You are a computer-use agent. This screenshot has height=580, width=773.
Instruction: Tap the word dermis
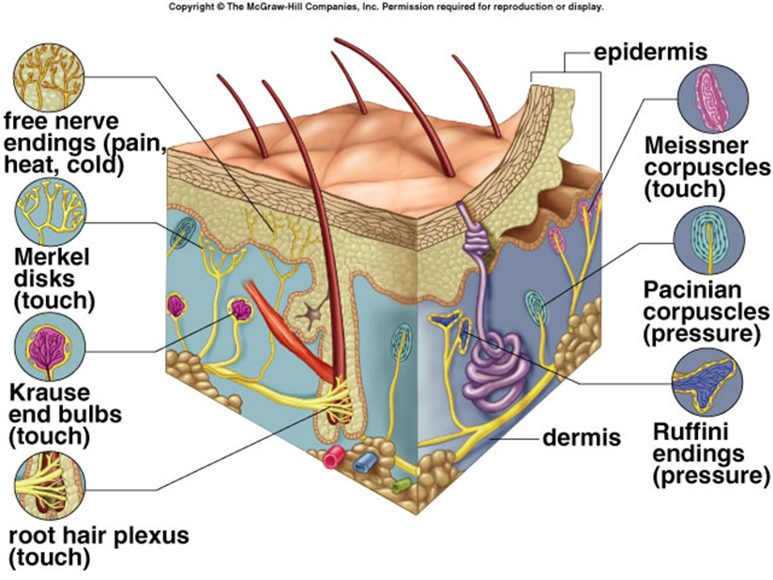click(x=582, y=437)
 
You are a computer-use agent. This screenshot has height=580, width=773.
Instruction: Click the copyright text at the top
click(x=386, y=7)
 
